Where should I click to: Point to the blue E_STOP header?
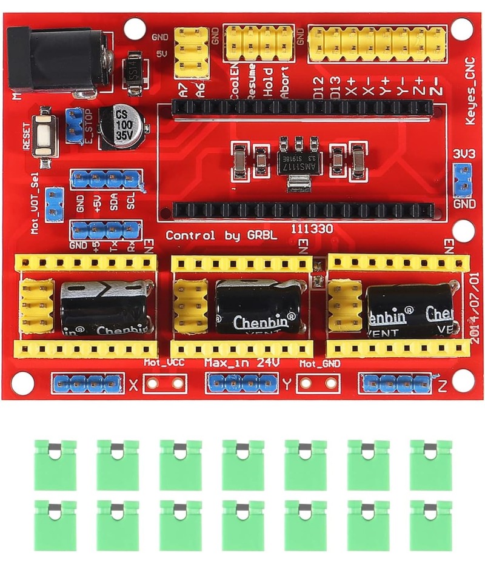[x=75, y=124]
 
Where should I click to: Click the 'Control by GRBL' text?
[x=221, y=235]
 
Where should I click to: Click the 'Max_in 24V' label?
[x=241, y=363]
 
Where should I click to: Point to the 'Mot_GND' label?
[x=320, y=363]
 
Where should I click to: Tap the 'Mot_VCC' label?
[x=164, y=363]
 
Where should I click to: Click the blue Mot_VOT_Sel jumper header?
[x=55, y=204]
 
